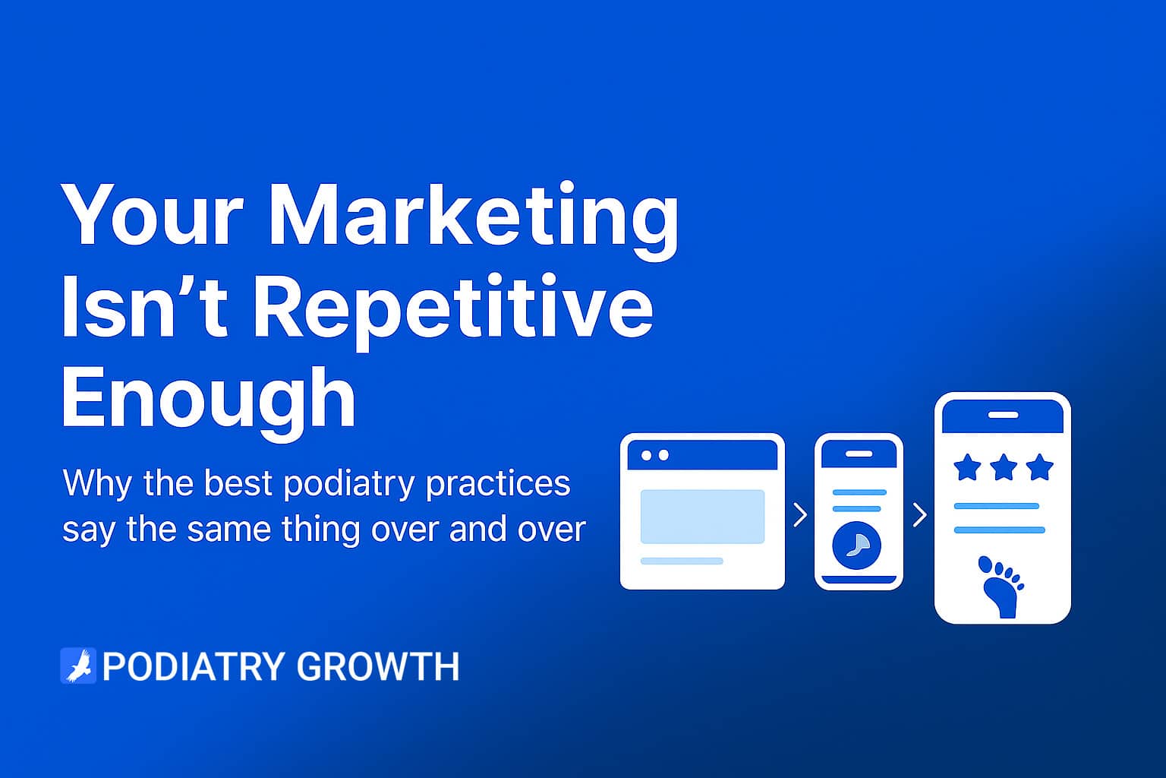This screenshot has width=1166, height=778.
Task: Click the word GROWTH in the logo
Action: coord(378,666)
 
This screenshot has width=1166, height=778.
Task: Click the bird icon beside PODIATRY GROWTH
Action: coord(78,666)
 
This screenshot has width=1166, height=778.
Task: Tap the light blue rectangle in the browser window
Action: coord(702,517)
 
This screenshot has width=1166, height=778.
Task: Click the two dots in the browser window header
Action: coord(655,455)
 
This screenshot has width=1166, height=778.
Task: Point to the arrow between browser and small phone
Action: coord(800,515)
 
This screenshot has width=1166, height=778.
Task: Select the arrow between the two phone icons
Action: coord(920,515)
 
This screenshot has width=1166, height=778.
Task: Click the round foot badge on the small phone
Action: coord(857,546)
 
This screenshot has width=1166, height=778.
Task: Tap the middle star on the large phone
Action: coord(1003,467)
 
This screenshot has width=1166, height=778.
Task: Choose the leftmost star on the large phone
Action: coord(967,467)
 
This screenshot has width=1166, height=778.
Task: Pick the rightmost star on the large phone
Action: coord(1039,467)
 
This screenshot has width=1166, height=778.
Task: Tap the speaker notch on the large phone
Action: coord(1003,415)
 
